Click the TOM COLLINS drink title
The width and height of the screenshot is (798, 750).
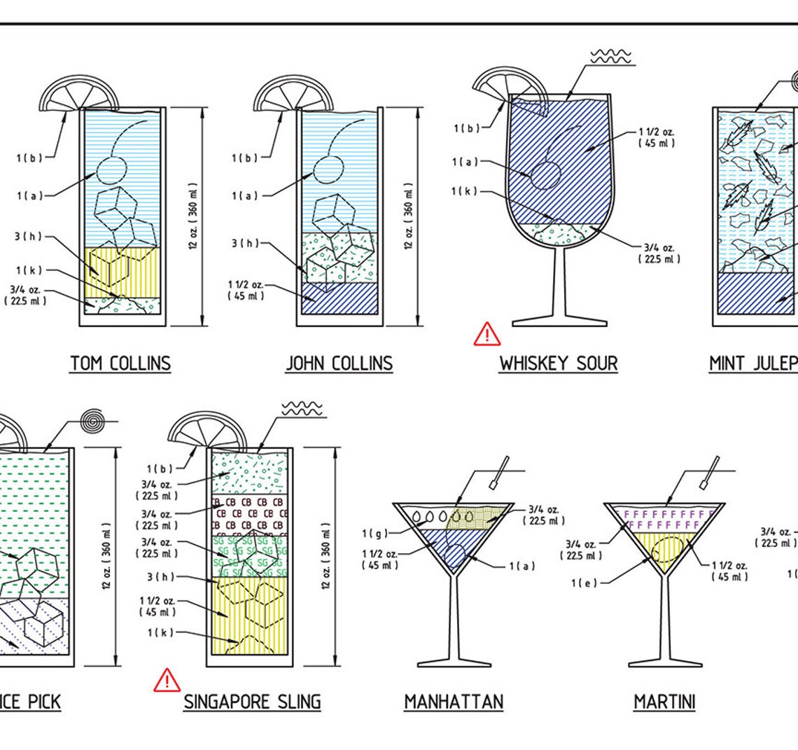coord(120,363)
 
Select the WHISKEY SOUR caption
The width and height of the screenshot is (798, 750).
coord(558,363)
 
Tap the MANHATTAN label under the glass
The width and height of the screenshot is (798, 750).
coord(454,702)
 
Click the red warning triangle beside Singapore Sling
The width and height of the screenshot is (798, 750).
coord(167,681)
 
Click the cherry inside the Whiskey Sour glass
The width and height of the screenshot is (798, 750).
coord(546,175)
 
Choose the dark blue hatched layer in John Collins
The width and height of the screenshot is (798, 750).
coord(339,298)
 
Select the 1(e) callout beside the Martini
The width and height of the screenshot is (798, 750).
coord(582,583)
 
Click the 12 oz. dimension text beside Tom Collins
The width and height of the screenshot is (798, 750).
coord(193,217)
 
